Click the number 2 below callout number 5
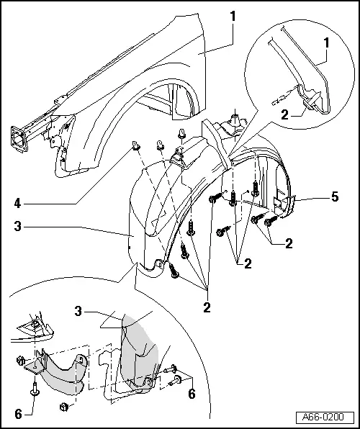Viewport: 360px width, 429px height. pyautogui.click(x=288, y=244)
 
